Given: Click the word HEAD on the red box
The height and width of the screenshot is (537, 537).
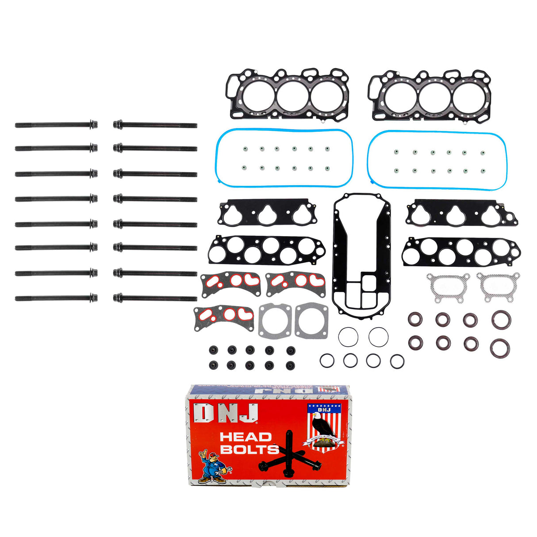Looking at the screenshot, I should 245,437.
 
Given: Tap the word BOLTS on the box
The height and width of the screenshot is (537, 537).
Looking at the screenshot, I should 249,450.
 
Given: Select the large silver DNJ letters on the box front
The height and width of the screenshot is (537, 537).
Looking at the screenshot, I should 226,413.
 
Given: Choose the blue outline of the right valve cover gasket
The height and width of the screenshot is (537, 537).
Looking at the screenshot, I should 370,159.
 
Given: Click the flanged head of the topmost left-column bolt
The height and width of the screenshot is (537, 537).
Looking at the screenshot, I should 93,125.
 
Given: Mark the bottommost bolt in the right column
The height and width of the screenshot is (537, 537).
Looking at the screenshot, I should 155,299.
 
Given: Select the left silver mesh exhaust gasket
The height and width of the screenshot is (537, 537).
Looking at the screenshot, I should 448,288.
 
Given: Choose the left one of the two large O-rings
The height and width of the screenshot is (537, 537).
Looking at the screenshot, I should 348,337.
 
